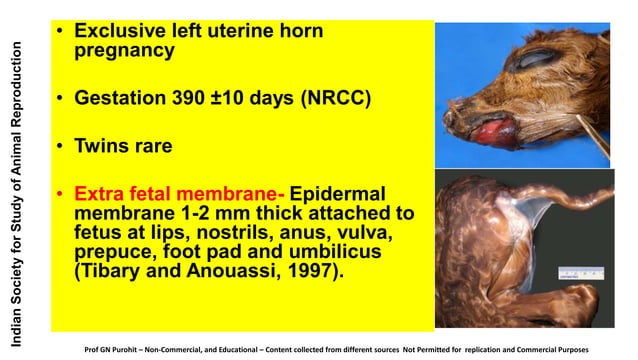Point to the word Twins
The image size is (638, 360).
(x=101, y=145)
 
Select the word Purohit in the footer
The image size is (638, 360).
(x=153, y=350)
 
